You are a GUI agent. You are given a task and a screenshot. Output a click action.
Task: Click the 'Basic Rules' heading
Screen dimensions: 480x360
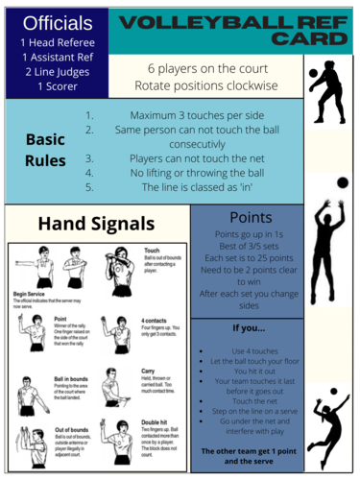43,149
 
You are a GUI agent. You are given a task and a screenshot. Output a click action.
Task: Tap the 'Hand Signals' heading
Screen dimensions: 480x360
97,224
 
